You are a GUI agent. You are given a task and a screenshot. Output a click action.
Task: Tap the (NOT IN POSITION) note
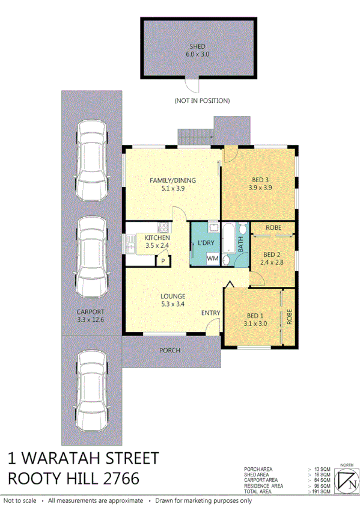[x=201, y=100]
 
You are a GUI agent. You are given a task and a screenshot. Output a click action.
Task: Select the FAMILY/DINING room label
[x=172, y=184]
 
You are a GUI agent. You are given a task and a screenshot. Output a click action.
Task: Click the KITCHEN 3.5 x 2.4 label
[x=157, y=242]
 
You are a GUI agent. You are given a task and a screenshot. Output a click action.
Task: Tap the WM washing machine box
[x=212, y=258]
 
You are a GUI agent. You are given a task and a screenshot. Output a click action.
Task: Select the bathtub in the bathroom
[x=230, y=238]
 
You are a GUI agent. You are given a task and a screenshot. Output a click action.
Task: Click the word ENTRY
[x=210, y=313]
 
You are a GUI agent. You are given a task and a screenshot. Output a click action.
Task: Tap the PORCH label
[x=169, y=350]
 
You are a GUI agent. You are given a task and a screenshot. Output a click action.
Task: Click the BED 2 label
[x=272, y=258]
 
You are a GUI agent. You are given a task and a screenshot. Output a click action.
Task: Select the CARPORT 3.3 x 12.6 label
[x=90, y=316]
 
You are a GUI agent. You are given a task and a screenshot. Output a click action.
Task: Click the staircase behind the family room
[x=196, y=137]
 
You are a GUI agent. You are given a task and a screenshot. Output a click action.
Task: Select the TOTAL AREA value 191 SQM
[x=322, y=491]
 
